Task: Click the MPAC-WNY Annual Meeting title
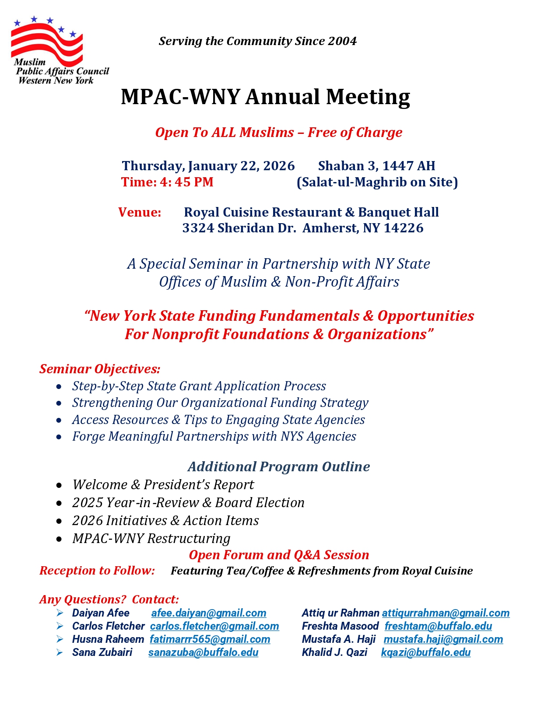[265, 97]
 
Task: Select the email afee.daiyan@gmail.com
[209, 613]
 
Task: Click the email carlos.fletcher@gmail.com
[214, 626]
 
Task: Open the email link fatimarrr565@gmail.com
[210, 639]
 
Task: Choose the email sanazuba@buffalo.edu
[203, 652]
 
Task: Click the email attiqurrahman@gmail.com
[446, 613]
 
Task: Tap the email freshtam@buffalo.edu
[438, 626]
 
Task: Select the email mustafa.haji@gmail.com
[443, 639]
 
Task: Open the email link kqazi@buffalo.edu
[425, 652]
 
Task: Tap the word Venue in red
[140, 212]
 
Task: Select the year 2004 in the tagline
[342, 41]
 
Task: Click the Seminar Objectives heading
[100, 369]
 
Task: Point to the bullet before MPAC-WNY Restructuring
[59, 539]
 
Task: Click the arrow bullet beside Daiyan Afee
[60, 613]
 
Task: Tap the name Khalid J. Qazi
[334, 652]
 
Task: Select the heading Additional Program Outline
[279, 466]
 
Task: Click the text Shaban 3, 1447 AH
[376, 166]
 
